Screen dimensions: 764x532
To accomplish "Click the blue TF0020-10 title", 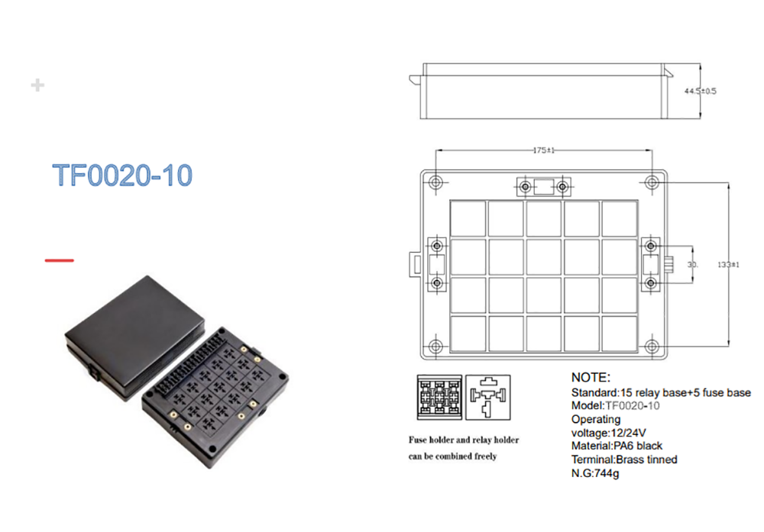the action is point(122,176).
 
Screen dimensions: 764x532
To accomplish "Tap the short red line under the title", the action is point(60,260).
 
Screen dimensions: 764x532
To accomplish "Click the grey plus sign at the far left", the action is point(37,85).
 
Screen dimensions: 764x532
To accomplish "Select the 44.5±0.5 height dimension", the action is point(700,91).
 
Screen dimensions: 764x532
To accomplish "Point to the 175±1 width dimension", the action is point(544,150).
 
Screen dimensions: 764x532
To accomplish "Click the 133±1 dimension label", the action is point(728,265).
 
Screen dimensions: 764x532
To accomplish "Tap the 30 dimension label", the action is point(692,265).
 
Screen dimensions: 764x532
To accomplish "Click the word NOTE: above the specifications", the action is point(591,377).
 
